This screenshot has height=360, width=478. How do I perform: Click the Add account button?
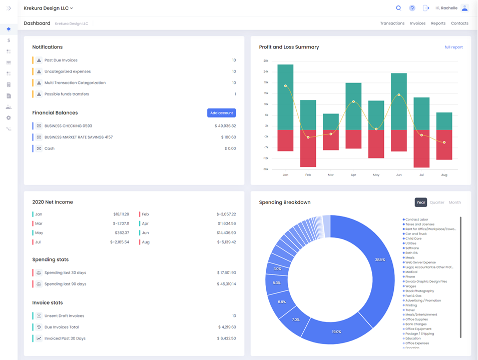click(221, 113)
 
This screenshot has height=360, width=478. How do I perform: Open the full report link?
click(453, 47)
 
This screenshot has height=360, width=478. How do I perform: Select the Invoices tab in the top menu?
click(417, 23)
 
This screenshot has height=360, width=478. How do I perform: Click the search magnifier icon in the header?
click(398, 8)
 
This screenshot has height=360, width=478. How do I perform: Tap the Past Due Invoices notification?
click(61, 60)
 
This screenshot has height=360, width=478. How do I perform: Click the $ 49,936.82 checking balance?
click(225, 126)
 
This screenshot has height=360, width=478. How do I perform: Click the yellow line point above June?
click(399, 94)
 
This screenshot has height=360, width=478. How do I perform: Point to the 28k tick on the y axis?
click(266, 60)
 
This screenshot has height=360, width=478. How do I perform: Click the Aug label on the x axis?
click(444, 175)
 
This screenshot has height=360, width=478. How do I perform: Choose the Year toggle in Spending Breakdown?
click(420, 202)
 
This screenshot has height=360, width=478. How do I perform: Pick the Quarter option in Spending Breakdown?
click(437, 202)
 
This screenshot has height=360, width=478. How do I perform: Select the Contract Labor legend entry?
click(416, 219)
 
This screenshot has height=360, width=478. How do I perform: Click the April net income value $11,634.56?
click(226, 223)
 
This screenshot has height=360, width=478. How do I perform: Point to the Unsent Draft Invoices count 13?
click(234, 316)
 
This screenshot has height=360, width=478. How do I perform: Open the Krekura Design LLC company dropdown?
click(49, 8)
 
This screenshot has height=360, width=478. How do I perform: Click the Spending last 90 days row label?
click(65, 284)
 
